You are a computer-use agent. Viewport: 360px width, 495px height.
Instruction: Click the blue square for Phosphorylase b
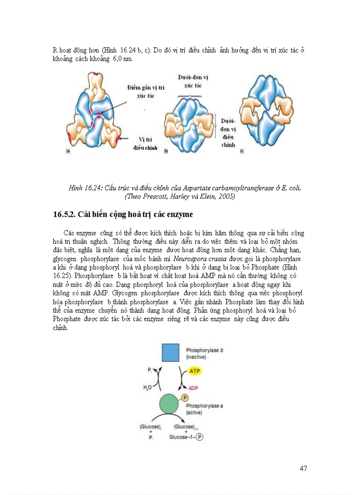[170, 353]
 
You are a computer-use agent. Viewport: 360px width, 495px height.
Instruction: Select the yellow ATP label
[195, 371]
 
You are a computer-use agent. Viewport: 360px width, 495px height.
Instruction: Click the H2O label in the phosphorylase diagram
[147, 388]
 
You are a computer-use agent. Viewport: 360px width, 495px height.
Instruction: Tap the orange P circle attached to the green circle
[185, 398]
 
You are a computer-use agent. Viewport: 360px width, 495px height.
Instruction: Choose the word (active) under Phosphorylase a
[195, 413]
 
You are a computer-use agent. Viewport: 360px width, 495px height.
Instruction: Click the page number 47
[303, 468]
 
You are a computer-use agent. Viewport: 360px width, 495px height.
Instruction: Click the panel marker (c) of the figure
[242, 151]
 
